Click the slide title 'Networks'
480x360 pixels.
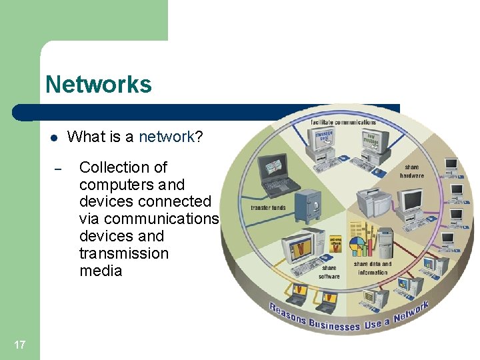99,85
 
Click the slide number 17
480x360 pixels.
19,345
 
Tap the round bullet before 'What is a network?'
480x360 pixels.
54,138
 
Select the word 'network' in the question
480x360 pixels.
165,137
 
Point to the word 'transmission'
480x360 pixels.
123,253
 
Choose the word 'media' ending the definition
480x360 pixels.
101,271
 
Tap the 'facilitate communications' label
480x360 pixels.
343,122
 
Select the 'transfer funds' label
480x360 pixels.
268,207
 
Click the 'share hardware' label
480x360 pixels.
411,171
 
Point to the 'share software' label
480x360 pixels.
329,272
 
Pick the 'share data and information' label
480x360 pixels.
372,268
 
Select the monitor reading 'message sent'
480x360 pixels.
326,140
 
